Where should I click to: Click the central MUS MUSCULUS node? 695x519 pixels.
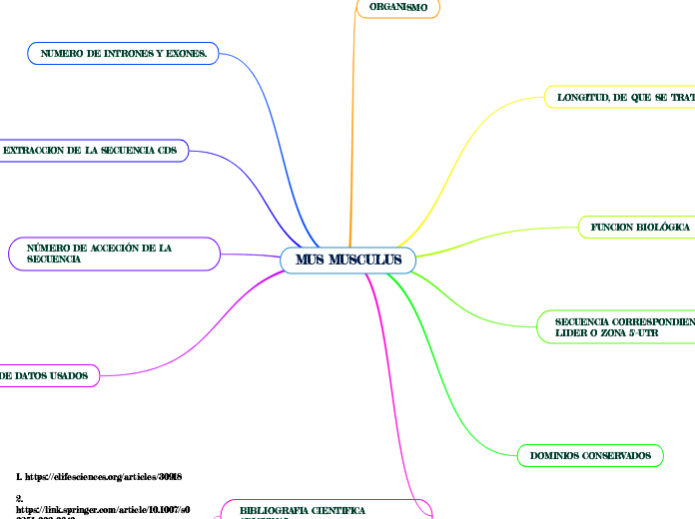tap(347, 260)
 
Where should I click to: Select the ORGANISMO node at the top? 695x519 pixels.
tap(398, 8)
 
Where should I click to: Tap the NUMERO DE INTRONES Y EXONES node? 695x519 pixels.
tap(124, 53)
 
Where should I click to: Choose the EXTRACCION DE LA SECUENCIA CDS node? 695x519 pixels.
tap(96, 151)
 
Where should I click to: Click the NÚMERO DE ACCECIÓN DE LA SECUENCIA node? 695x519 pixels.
tap(113, 253)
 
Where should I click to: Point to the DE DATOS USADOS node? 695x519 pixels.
tap(49, 376)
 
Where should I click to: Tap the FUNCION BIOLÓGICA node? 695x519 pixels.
tap(640, 228)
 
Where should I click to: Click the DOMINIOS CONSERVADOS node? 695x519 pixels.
tap(590, 456)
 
